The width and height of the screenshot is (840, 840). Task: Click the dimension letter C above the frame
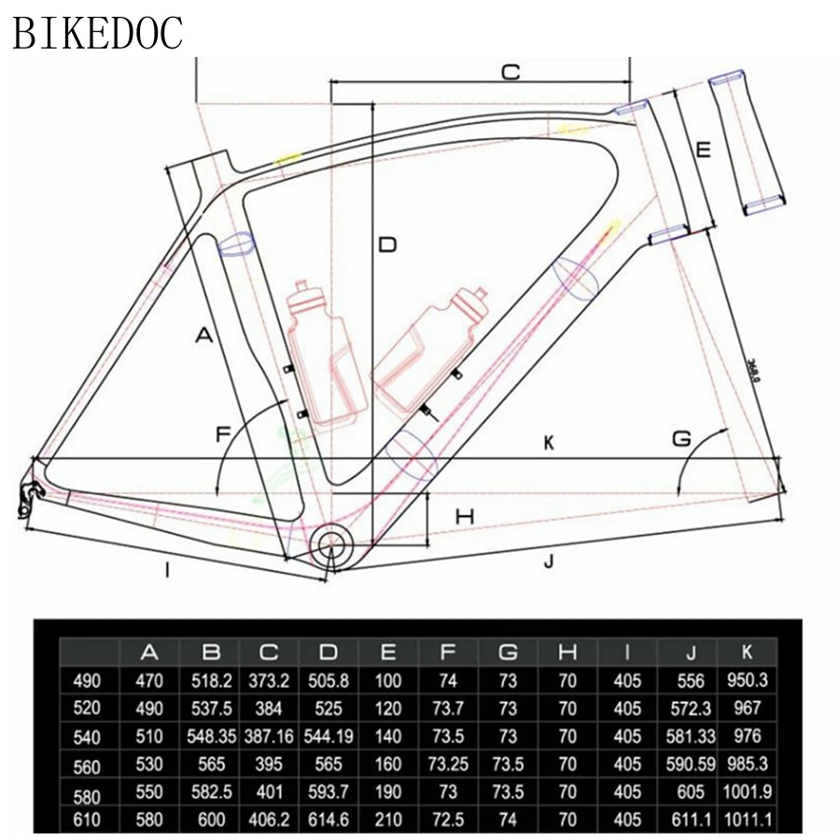[511, 72]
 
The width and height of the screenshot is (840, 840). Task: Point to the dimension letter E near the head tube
[704, 149]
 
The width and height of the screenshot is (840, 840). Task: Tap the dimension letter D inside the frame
[387, 245]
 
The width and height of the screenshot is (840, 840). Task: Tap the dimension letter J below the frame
[549, 561]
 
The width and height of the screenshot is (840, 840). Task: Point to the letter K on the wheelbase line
[549, 444]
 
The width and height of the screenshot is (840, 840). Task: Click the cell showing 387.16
[270, 737]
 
